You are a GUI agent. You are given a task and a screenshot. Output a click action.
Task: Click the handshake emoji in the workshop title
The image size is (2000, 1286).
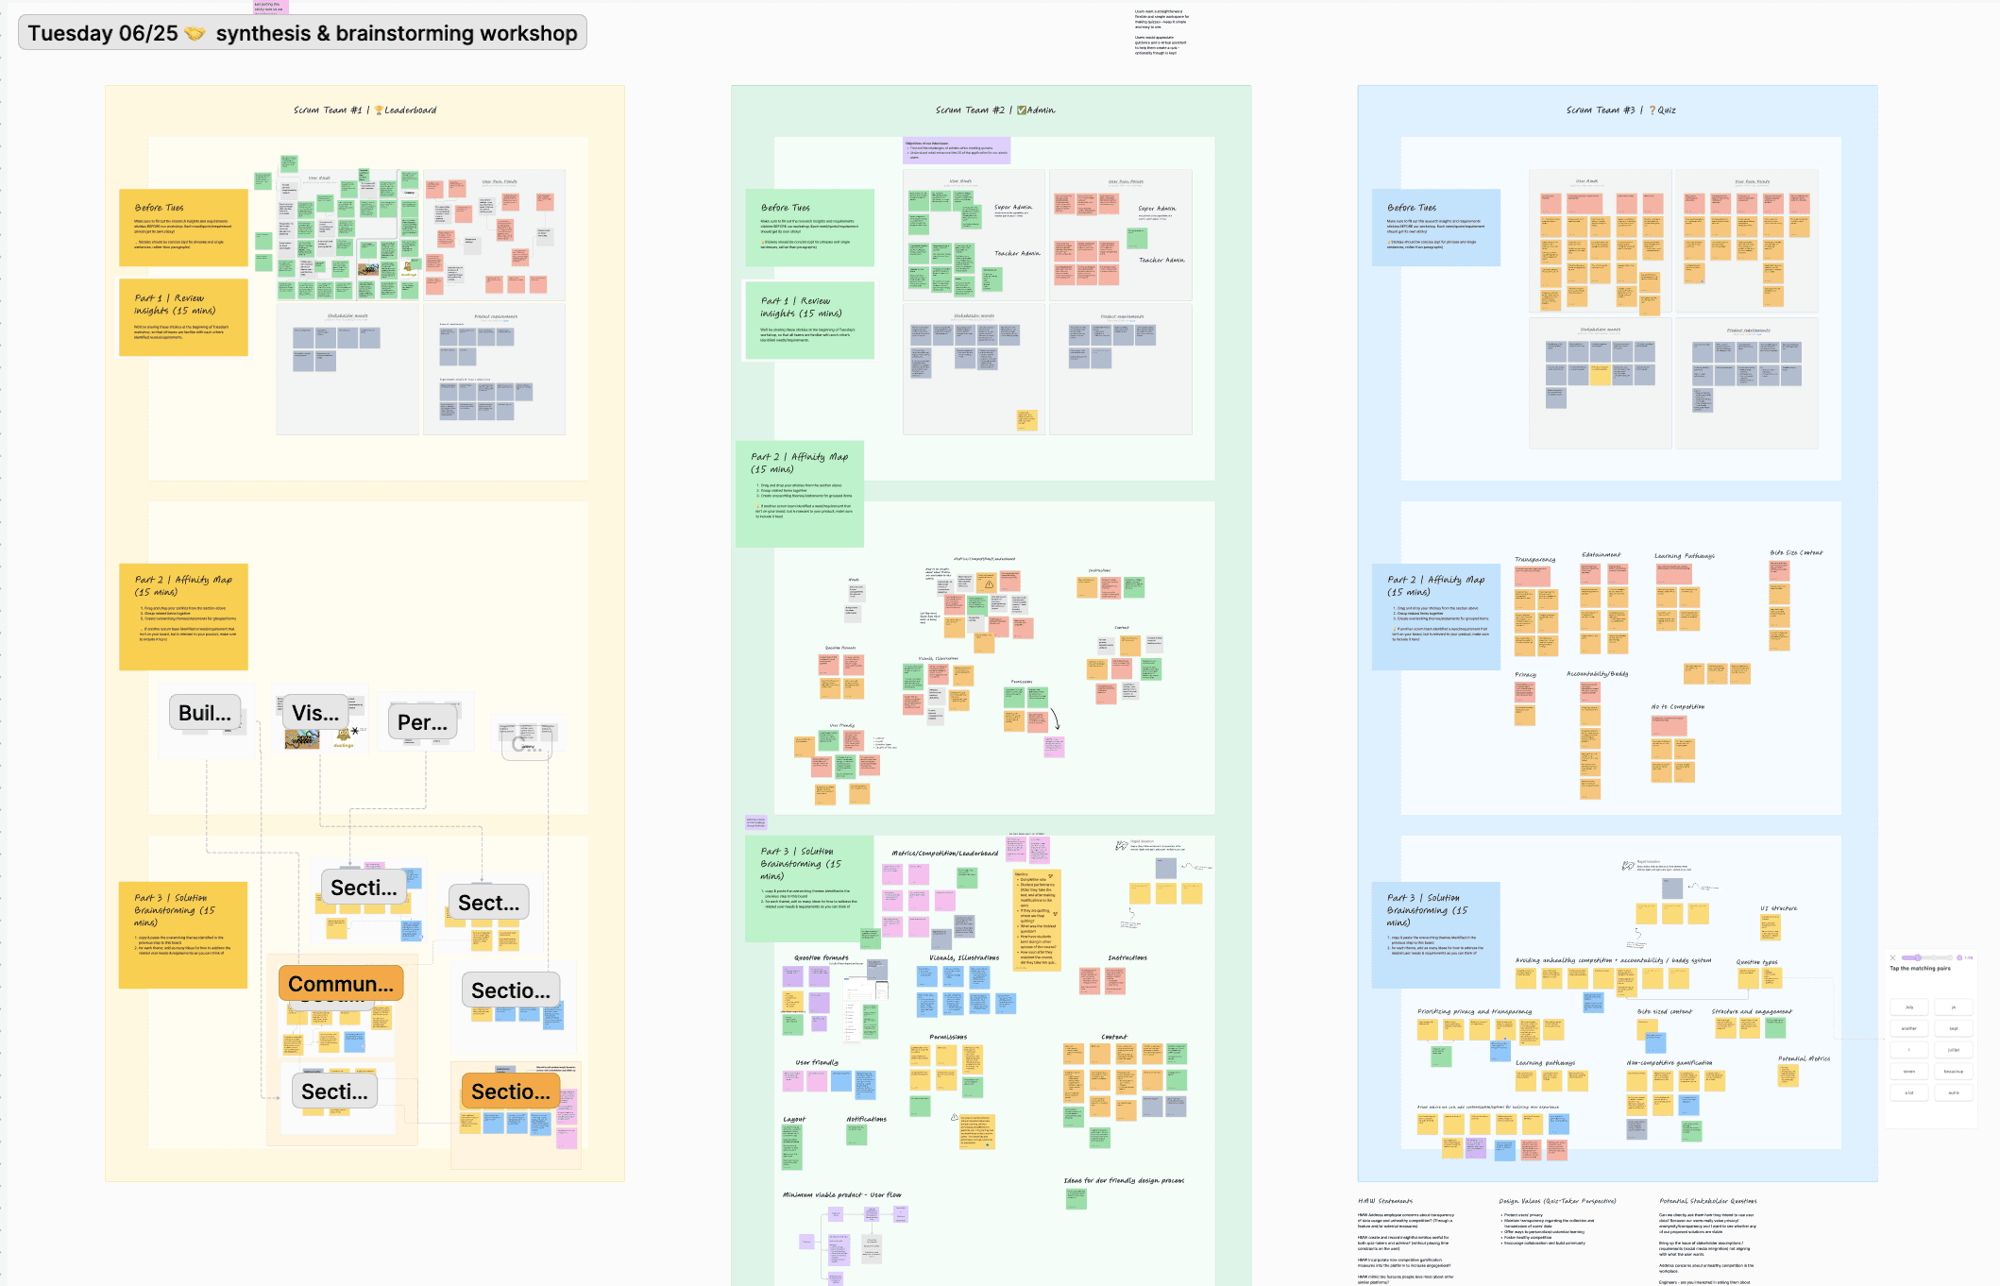coord(195,34)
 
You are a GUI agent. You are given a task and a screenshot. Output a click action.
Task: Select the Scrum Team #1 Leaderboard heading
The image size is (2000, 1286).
coord(364,110)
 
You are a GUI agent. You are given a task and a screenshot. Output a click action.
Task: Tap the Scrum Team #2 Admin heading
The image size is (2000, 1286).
coord(994,110)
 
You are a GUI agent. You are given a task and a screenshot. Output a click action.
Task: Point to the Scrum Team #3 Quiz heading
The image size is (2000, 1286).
coord(1620,110)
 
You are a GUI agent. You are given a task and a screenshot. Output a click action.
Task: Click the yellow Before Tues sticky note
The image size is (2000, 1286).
coord(183,228)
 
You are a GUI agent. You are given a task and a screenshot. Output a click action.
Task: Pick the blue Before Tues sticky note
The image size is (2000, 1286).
coord(1435,228)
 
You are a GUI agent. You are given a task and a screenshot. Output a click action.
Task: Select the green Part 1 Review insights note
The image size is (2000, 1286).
coord(809,320)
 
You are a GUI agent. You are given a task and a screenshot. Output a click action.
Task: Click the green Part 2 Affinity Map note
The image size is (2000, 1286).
coord(799,493)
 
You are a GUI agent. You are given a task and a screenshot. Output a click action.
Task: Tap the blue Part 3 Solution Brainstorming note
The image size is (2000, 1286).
coord(1435,934)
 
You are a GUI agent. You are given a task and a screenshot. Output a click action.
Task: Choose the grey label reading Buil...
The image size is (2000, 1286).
coord(205,713)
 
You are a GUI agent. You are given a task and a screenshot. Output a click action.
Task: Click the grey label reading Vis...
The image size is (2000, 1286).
coord(315,713)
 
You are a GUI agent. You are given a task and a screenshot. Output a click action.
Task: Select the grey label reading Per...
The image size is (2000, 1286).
coord(422,722)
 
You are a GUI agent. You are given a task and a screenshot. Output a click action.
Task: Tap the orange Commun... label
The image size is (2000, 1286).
coord(341,984)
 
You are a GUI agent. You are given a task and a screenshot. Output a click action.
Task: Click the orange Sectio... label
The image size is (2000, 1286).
coord(510,1091)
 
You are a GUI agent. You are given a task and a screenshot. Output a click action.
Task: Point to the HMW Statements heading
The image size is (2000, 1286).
coord(1385,1201)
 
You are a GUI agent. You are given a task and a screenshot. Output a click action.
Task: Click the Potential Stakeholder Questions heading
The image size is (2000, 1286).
coord(1707,1201)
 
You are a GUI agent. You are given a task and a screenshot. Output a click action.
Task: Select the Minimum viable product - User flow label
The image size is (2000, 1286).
coord(841,1194)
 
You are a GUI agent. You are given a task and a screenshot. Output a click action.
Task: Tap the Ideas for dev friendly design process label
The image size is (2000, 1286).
coord(1123,1180)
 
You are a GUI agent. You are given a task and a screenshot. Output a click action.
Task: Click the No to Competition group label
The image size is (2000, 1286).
coord(1677,706)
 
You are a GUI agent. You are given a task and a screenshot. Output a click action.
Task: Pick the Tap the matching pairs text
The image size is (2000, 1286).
coord(1920,968)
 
